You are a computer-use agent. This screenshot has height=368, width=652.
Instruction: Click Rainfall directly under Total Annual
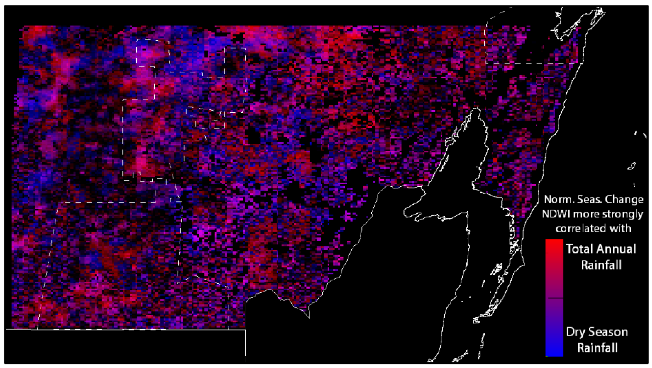(601, 265)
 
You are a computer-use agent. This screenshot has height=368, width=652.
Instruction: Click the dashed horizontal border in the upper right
(532, 64)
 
